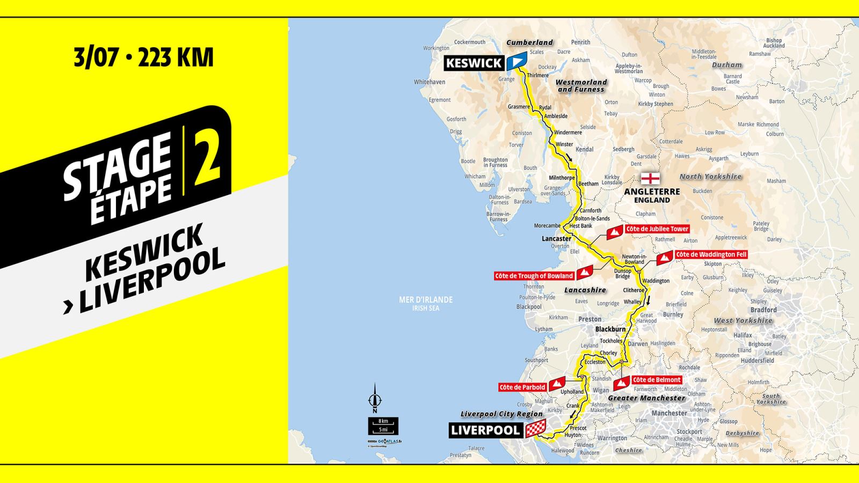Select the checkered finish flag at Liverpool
pyautogui.click(x=535, y=429)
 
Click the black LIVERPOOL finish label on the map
pyautogui.click(x=485, y=430)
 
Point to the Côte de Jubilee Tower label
pyautogui.click(x=657, y=229)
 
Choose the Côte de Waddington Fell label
pyautogui.click(x=711, y=254)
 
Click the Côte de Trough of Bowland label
pyautogui.click(x=534, y=276)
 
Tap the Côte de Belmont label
pyautogui.click(x=656, y=380)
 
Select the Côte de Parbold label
pyautogui.click(x=522, y=387)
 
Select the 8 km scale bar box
pyautogui.click(x=383, y=421)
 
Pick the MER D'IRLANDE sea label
pyautogui.click(x=426, y=299)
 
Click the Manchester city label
pyautogui.click(x=669, y=413)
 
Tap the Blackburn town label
pyautogui.click(x=610, y=329)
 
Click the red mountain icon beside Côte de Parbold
pyautogui.click(x=557, y=384)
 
